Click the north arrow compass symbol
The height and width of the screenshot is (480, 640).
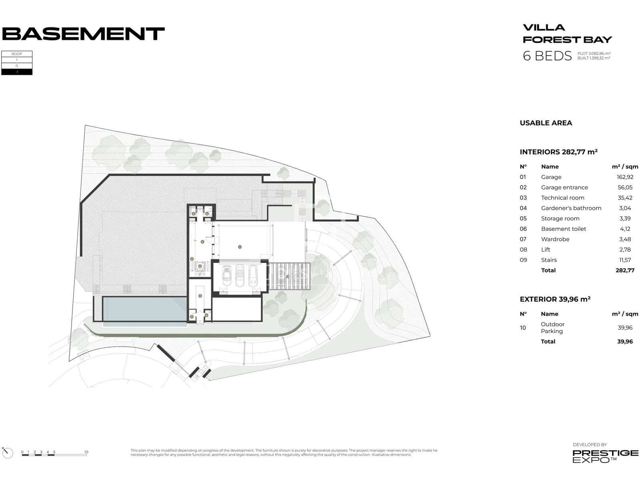pos(7,452)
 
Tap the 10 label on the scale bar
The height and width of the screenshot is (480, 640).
pos(86,452)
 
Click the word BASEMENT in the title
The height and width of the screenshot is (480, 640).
pos(83,34)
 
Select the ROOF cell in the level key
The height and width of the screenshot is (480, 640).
pos(17,54)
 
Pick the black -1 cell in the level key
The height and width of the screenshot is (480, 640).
pos(17,72)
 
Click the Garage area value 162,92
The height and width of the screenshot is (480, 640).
pos(622,177)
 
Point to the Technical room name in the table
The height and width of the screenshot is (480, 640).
pos(562,198)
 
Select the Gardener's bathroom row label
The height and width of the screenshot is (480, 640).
pos(571,208)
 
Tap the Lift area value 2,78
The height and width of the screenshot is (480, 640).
pos(625,250)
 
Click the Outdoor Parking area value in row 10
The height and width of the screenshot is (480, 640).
pos(625,328)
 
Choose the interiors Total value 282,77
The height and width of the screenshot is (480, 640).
pos(625,270)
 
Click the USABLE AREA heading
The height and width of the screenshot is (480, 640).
pos(546,123)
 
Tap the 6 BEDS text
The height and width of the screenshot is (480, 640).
pos(547,56)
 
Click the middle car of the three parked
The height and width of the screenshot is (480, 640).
pos(240,275)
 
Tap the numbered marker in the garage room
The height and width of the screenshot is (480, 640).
pos(240,247)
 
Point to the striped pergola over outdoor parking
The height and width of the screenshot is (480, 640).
pos(289,276)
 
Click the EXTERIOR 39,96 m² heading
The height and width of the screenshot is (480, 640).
pos(555,299)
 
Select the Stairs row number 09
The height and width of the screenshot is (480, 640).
pos(523,260)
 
